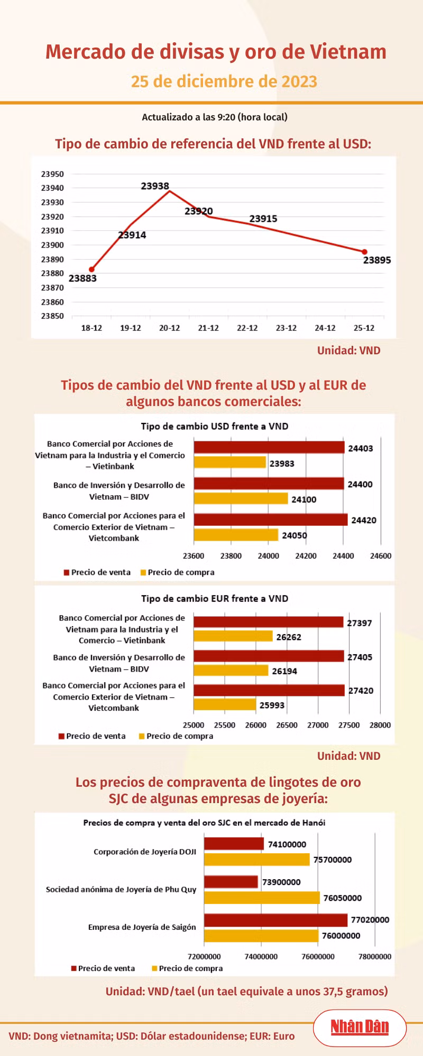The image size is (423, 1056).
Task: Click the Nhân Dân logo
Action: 360,1026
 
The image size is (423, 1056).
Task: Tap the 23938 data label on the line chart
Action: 155,186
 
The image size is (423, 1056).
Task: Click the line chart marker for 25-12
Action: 364,252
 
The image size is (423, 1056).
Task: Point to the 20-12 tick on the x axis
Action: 169,328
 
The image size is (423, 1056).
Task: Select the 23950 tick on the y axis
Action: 52,174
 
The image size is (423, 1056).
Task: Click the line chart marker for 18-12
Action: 91,269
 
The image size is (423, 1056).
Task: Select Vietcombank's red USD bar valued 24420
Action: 270,520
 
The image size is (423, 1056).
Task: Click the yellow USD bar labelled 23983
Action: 229,463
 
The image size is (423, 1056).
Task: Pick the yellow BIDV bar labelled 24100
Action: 241,498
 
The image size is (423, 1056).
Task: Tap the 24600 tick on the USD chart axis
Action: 381,556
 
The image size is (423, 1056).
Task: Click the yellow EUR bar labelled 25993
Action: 225,704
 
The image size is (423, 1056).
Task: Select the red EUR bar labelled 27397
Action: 268,622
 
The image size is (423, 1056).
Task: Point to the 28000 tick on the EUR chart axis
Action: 380,725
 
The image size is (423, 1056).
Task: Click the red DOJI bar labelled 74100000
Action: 234,844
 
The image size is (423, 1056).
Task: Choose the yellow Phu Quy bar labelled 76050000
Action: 262,898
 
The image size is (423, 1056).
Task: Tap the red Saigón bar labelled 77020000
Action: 275,920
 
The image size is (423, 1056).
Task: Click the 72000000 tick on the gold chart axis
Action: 204,956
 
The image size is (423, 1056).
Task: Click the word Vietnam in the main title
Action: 348,52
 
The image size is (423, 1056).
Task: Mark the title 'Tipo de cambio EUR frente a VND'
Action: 215,598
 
